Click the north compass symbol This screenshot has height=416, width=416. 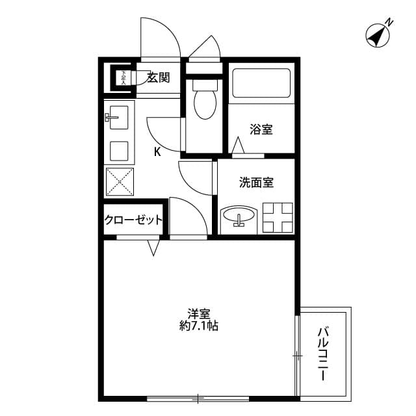point(376,35)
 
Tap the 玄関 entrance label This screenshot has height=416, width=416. point(157,78)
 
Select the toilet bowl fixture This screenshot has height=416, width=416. point(205,102)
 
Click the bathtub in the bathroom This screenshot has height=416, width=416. point(261,83)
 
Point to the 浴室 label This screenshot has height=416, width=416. point(261,129)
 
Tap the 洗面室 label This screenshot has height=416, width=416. point(256,183)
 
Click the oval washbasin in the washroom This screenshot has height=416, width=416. point(239,217)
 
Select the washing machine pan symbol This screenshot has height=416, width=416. point(278,217)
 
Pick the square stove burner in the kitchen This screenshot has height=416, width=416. point(119,151)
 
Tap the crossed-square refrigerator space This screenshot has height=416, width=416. point(120,181)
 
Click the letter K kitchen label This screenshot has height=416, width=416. point(157,153)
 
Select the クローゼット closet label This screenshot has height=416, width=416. point(133,220)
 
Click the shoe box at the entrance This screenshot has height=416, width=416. point(122,78)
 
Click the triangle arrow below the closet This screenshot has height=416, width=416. point(154,248)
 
